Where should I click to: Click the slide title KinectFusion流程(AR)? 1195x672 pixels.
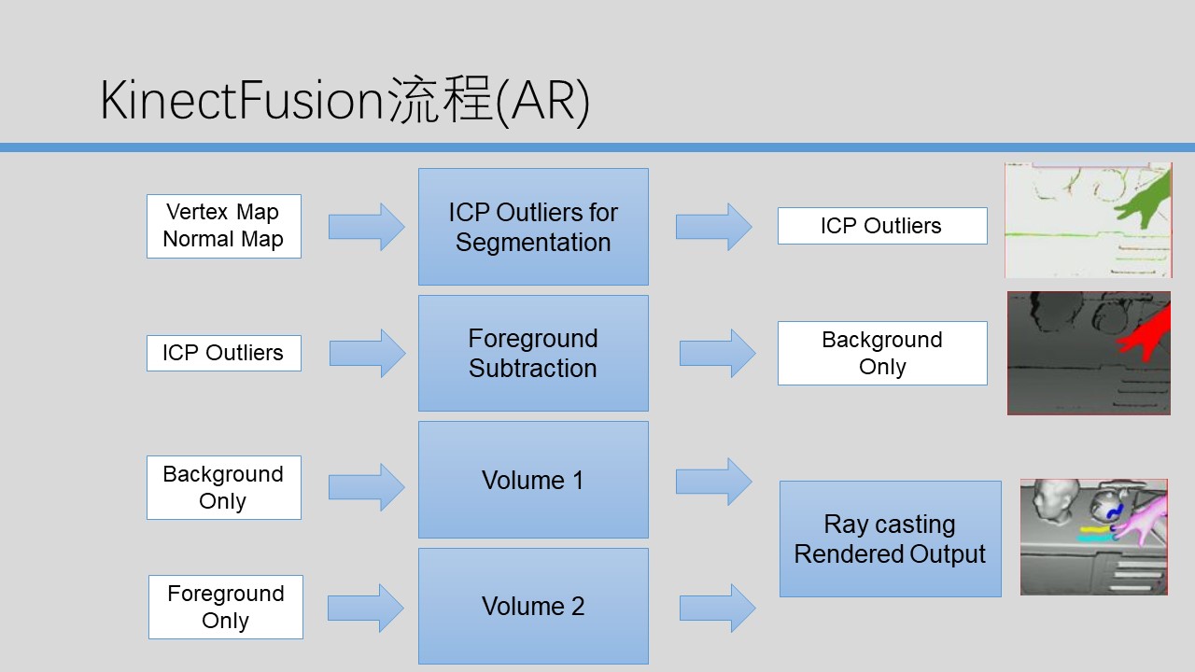(x=344, y=101)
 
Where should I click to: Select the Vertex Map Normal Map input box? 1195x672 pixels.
(x=223, y=226)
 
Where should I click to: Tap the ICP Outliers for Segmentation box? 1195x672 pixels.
(x=533, y=227)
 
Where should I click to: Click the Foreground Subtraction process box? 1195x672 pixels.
(x=533, y=353)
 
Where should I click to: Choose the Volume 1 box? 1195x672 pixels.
(x=533, y=480)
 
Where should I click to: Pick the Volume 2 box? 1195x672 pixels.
(x=533, y=606)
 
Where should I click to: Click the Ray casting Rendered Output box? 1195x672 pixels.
(x=890, y=539)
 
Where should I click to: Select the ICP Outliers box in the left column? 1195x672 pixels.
(x=223, y=353)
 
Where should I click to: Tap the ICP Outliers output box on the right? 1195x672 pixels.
(x=881, y=226)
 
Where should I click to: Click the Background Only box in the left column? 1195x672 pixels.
(x=223, y=487)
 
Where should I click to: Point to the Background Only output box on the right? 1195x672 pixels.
(x=881, y=353)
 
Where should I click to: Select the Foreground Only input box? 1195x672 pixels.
(x=225, y=607)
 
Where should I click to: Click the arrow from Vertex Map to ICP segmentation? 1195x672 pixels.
(x=367, y=227)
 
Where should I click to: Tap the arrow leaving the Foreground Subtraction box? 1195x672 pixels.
(x=717, y=353)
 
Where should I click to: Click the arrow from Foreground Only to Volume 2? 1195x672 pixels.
(x=366, y=608)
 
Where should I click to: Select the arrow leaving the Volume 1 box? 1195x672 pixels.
(x=713, y=481)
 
